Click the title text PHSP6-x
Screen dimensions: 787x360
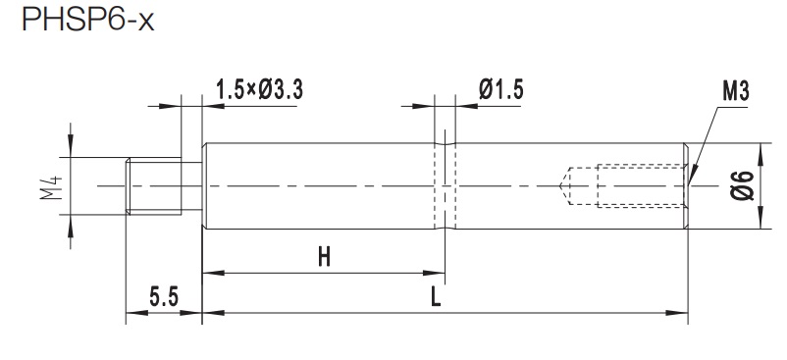(x=88, y=19)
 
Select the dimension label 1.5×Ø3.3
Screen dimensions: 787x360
(x=259, y=90)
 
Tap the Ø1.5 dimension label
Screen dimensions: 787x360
(x=500, y=90)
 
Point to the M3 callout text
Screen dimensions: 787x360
(x=735, y=92)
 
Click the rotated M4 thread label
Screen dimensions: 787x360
(x=52, y=186)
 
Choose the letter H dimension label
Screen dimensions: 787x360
(x=324, y=258)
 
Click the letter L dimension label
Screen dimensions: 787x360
(x=436, y=297)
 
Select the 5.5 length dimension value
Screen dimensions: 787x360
(x=164, y=297)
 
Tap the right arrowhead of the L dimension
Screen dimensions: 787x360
(x=677, y=313)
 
